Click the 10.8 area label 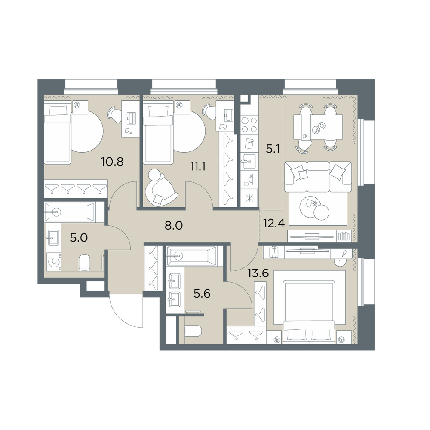pos(112,162)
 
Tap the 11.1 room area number pos(199,166)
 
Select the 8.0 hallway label pos(174,225)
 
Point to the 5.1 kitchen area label pos(273,150)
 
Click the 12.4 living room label pos(274,223)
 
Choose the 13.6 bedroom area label pos(258,273)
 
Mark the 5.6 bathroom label pos(202,294)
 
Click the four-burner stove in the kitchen pos(249,125)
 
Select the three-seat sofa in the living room pos(318,177)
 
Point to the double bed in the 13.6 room pos(309,311)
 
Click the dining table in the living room pos(318,127)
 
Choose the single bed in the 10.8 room pos(58,132)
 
